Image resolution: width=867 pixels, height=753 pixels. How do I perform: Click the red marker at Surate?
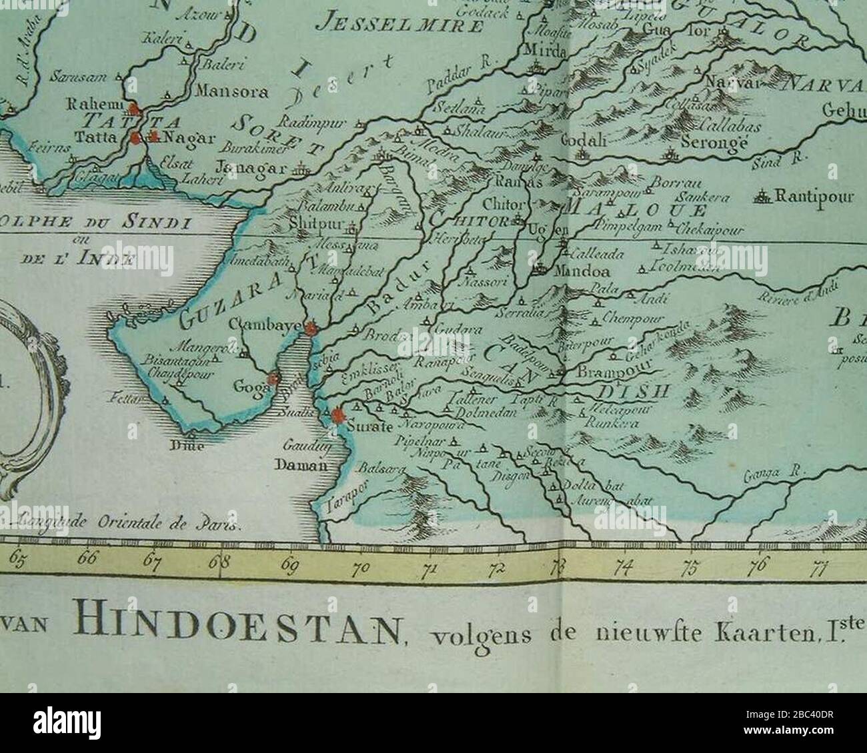[338, 416]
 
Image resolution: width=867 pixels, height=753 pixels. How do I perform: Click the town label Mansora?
[231, 93]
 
